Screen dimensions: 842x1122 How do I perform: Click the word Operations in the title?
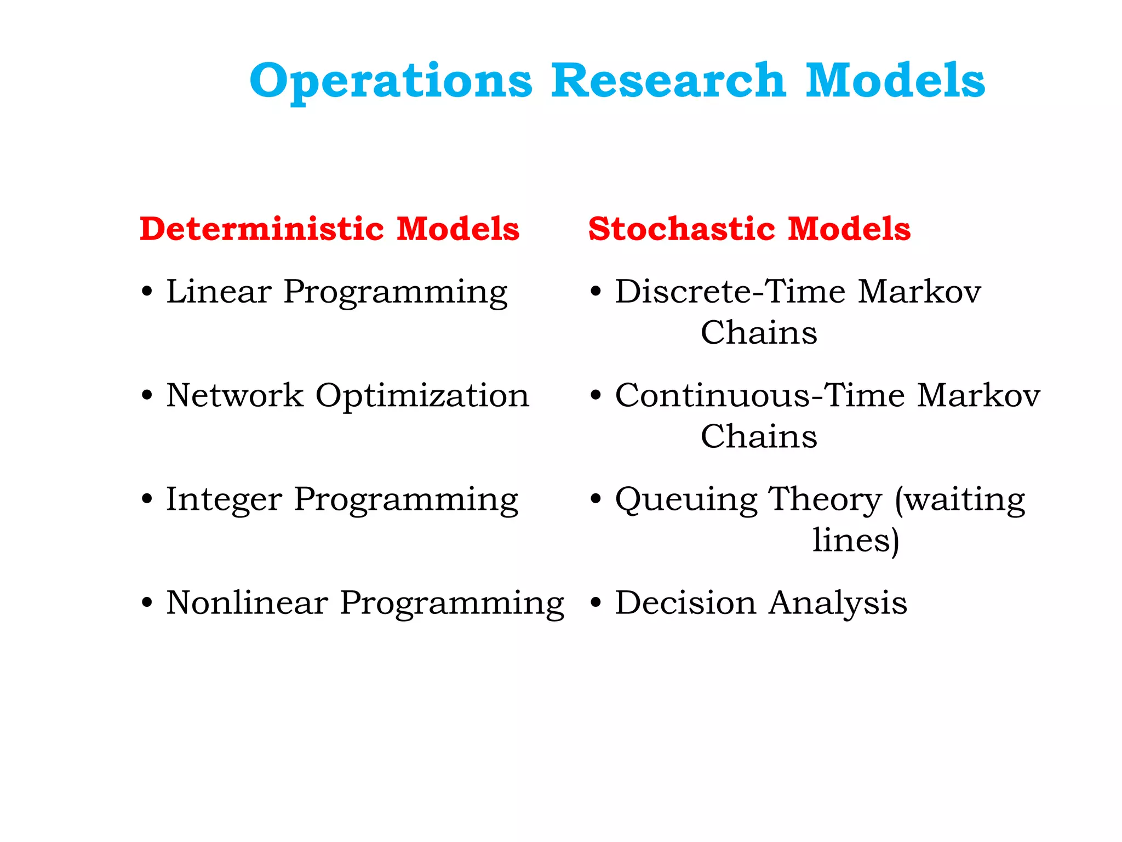pyautogui.click(x=391, y=81)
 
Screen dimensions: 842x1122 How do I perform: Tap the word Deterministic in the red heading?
pyautogui.click(x=262, y=229)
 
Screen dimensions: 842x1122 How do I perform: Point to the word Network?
pyautogui.click(x=234, y=395)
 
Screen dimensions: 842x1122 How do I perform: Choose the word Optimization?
pyautogui.click(x=422, y=396)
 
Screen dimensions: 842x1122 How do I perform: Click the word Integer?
pyautogui.click(x=224, y=500)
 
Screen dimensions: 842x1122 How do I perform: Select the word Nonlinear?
pyautogui.click(x=247, y=603)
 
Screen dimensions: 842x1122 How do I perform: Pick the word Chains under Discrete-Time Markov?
pyautogui.click(x=759, y=333)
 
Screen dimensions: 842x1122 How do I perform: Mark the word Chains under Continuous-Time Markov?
pyautogui.click(x=759, y=437)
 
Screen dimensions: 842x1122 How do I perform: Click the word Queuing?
pyautogui.click(x=686, y=500)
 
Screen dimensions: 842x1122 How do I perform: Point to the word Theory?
pyautogui.click(x=825, y=500)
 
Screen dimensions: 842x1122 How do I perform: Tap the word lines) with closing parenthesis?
pyautogui.click(x=856, y=541)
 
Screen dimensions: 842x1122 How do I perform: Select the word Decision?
pyautogui.click(x=685, y=603)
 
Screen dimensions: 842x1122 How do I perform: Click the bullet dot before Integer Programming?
pyautogui.click(x=146, y=500)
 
